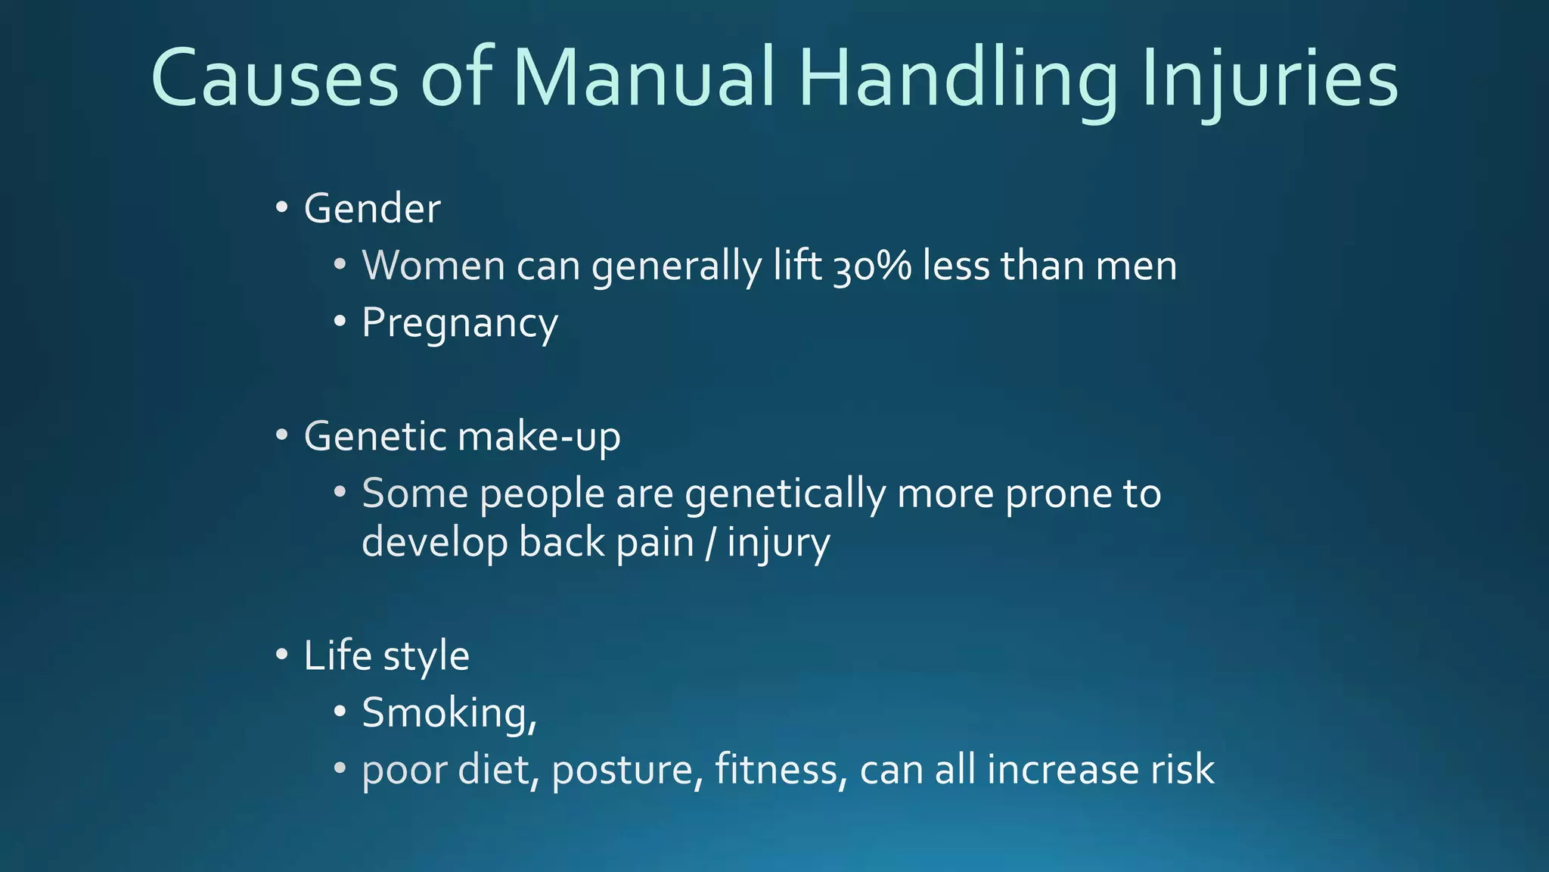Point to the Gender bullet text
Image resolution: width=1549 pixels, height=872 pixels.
[371, 209]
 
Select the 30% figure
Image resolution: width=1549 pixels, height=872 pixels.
[872, 266]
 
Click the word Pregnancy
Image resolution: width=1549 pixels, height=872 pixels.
[459, 324]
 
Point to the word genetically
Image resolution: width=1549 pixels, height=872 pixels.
[785, 494]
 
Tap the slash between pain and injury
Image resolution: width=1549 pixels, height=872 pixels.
[709, 543]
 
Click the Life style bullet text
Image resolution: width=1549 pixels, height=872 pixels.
[386, 656]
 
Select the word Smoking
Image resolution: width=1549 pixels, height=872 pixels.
[449, 713]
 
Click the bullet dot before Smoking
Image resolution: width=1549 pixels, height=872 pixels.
[340, 712]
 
